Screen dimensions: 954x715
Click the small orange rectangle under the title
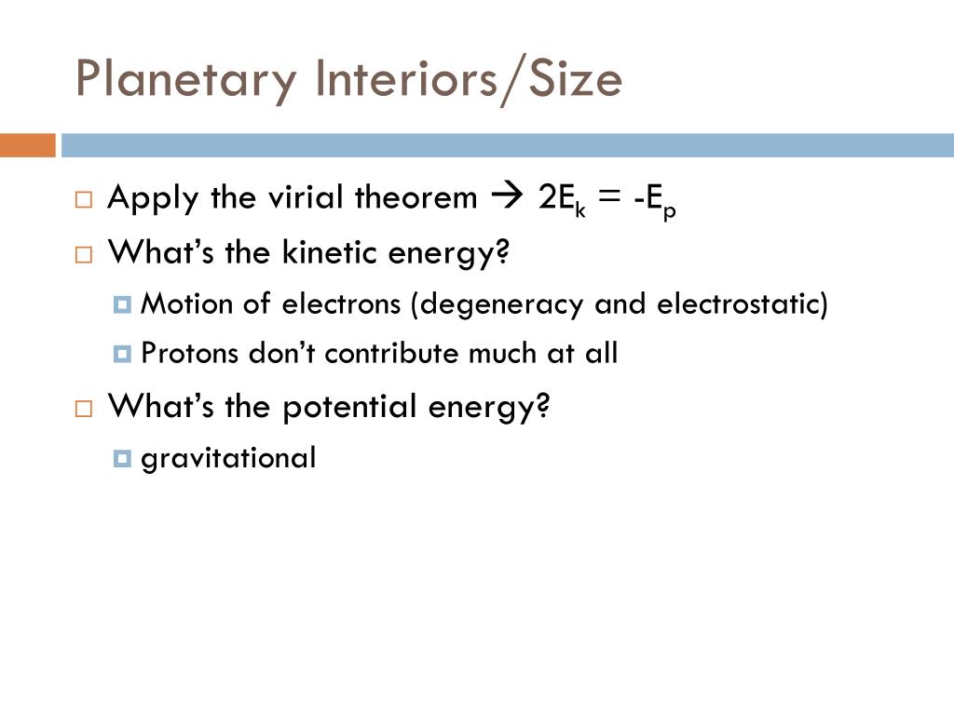[x=27, y=145]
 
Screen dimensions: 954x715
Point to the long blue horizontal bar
[x=508, y=145]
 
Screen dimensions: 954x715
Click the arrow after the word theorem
[x=507, y=196]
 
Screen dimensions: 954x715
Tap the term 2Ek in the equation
[x=562, y=199]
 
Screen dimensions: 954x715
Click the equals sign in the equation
[x=609, y=196]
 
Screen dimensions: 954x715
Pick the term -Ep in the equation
[x=655, y=201]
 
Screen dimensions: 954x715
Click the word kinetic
[x=330, y=251]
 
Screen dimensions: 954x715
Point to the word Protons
[x=189, y=353]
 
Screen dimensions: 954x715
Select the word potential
[x=350, y=408]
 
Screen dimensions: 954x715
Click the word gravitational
[x=228, y=459]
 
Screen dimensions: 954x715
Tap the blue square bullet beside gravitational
[x=122, y=458]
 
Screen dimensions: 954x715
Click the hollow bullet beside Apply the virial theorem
[x=84, y=199]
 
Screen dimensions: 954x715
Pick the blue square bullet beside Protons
[x=122, y=354]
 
